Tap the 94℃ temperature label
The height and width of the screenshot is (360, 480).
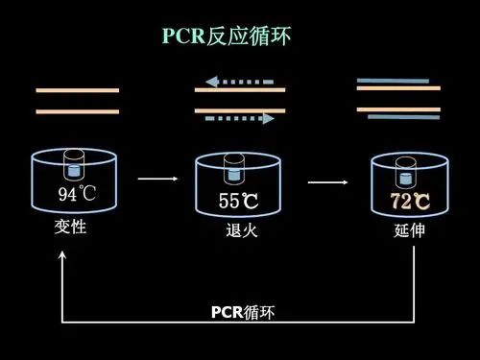click(x=78, y=196)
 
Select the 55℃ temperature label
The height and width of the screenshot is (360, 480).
click(x=239, y=202)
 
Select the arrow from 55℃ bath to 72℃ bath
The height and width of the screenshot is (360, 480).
click(x=327, y=180)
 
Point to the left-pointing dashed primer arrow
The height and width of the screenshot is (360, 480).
click(x=240, y=82)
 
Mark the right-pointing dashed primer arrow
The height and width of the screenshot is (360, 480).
click(x=240, y=119)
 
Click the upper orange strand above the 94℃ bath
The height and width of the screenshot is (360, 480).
click(x=78, y=90)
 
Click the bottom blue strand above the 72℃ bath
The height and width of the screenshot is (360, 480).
click(x=403, y=117)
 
